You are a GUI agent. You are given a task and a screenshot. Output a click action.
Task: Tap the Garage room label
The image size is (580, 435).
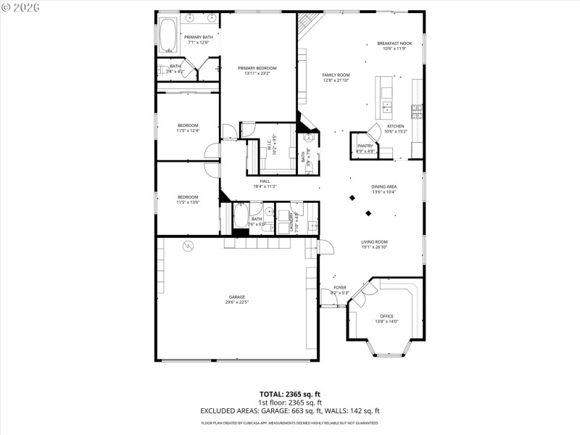[x=237, y=297]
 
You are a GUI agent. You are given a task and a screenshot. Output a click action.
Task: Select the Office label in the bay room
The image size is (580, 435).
[x=386, y=316]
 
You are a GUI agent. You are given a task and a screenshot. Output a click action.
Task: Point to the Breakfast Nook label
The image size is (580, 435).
[x=394, y=43]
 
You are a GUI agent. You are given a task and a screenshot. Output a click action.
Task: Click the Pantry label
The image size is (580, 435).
[x=365, y=146]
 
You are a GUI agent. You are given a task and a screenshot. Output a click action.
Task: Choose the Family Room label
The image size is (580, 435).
[x=336, y=75]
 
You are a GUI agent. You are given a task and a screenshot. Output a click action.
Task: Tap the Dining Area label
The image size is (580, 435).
[x=384, y=186]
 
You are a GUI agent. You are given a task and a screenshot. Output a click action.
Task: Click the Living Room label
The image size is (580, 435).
[x=375, y=242]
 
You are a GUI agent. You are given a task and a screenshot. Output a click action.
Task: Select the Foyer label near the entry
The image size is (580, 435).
[x=339, y=288]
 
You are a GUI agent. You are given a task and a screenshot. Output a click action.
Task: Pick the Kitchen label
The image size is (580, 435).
[x=395, y=126]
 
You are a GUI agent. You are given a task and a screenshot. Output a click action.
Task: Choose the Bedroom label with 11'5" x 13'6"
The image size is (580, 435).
[x=188, y=196]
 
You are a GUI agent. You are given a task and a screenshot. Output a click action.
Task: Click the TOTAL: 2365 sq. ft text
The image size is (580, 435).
[x=290, y=394]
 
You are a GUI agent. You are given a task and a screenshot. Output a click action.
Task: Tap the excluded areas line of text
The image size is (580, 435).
[x=290, y=410]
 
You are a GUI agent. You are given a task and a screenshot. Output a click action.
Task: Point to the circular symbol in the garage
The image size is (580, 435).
[x=188, y=246]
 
